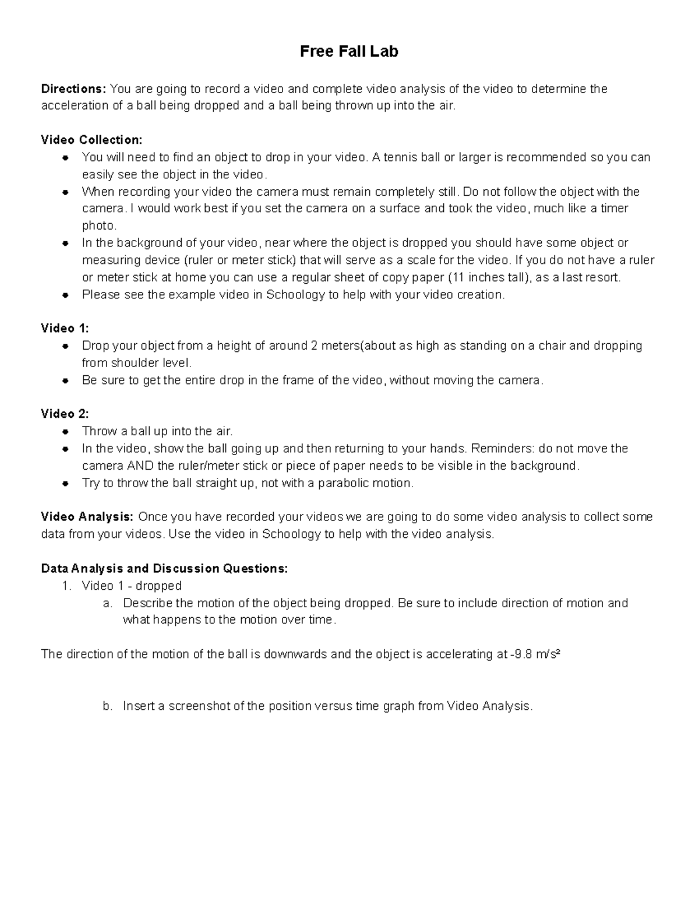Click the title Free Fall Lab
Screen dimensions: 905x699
coord(349,52)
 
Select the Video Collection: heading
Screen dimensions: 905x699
coord(91,140)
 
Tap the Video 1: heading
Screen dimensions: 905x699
coord(65,328)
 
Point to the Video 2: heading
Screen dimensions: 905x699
coord(65,414)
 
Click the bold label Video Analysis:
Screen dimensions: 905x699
coord(87,517)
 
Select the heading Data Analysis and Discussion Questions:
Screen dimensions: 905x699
coord(164,568)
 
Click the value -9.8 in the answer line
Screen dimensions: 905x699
coord(520,654)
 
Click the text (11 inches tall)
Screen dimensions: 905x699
coord(486,277)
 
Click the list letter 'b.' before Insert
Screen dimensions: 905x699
coord(107,706)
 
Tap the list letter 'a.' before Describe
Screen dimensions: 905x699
coord(107,603)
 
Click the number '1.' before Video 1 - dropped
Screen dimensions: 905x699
coord(66,586)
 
